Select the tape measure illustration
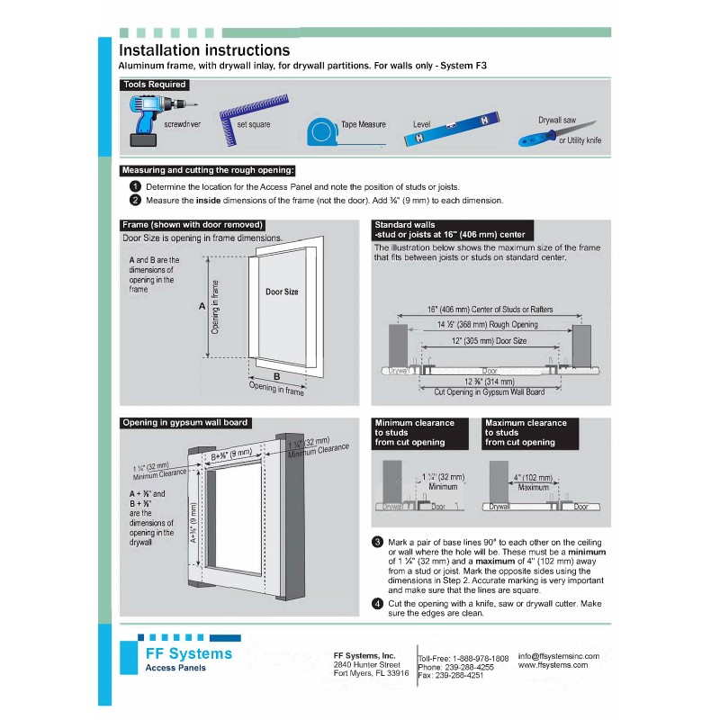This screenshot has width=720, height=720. click(x=322, y=131)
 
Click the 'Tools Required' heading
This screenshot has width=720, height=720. click(x=155, y=85)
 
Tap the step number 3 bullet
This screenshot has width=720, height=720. click(x=378, y=542)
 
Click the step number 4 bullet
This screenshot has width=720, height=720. click(x=378, y=603)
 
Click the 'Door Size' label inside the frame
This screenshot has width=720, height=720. click(x=282, y=292)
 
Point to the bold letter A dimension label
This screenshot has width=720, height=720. click(x=202, y=307)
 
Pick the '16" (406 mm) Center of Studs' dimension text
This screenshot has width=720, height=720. click(x=490, y=310)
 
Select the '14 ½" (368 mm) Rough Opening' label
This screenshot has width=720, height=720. click(x=487, y=325)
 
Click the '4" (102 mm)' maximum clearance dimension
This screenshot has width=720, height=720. click(x=534, y=477)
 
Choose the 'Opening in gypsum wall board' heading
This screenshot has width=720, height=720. click(x=184, y=422)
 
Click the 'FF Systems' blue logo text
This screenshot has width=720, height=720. click(x=188, y=653)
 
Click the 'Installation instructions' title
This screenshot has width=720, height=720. click(x=204, y=50)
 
